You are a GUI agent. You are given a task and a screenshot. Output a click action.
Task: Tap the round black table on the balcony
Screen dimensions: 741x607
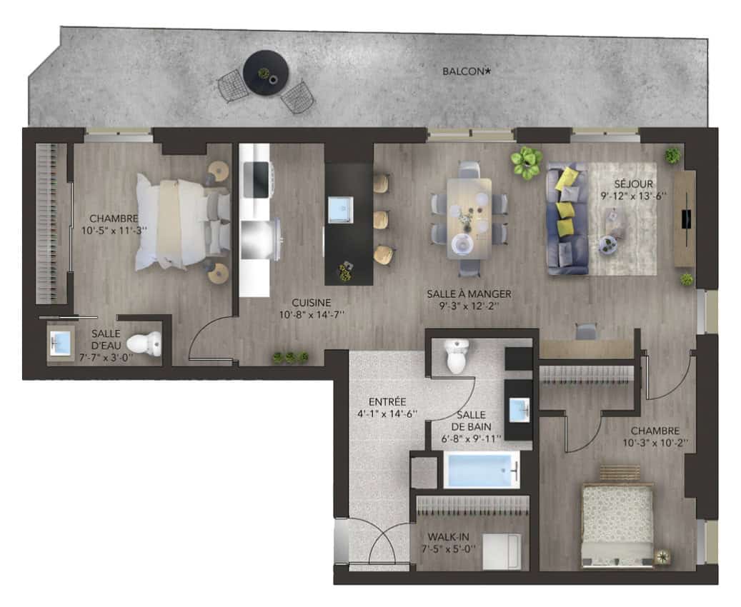click(x=266, y=73)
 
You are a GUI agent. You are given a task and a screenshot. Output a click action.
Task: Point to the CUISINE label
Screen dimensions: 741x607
click(x=311, y=303)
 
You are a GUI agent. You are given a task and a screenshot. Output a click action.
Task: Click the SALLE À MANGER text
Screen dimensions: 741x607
click(x=469, y=294)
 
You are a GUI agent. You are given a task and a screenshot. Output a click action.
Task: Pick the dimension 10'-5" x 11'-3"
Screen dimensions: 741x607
click(x=114, y=230)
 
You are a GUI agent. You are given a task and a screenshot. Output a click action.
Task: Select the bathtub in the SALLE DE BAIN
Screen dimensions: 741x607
click(x=482, y=470)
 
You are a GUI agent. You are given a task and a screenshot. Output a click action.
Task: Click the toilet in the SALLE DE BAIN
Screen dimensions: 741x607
click(x=457, y=356)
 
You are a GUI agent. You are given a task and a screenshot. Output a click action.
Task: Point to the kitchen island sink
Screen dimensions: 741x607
click(x=340, y=209)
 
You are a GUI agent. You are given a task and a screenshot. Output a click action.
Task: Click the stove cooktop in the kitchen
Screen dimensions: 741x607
click(x=256, y=180)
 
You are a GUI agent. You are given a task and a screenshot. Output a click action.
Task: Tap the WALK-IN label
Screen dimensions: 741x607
click(x=448, y=537)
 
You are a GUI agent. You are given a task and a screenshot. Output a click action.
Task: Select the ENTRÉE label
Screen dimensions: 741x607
click(x=387, y=402)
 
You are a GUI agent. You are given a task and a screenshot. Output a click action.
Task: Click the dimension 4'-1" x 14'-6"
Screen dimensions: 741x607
click(x=387, y=414)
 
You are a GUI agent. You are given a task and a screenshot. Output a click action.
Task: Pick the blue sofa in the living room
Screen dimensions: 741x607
click(x=567, y=219)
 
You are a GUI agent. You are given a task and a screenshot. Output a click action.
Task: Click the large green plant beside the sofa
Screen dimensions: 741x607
click(x=526, y=163)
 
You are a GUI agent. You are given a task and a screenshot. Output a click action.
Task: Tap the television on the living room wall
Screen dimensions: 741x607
click(x=686, y=219)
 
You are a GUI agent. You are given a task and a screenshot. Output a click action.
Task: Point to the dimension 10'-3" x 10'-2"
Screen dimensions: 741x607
click(x=655, y=443)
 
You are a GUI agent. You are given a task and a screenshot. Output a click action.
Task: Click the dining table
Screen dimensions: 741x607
click(x=469, y=219)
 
